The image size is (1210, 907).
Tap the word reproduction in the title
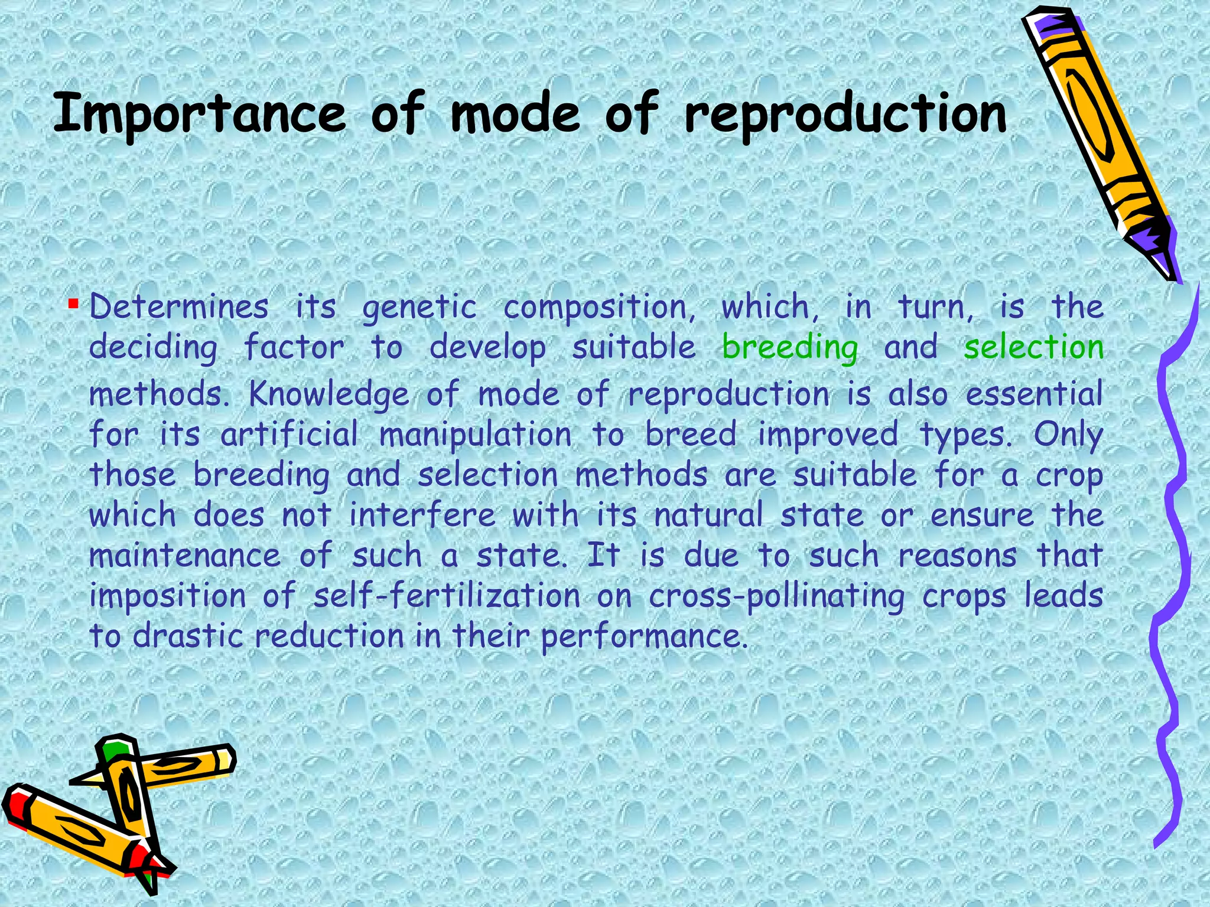[845, 114]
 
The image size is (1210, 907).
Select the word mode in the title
[516, 114]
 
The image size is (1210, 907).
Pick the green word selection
[1033, 347]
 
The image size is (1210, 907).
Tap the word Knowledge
[328, 394]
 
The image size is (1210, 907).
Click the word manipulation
[476, 436]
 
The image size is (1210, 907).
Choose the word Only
[1068, 436]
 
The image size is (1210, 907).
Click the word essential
[1034, 394]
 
